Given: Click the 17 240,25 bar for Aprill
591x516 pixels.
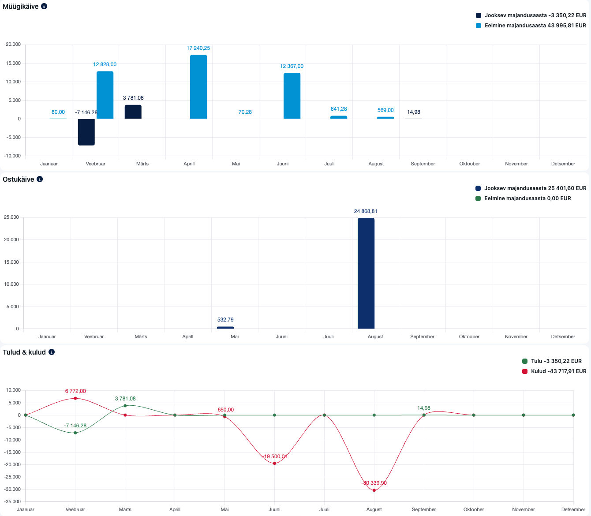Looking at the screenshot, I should pyautogui.click(x=198, y=87).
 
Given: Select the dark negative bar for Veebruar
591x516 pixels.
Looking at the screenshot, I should pyautogui.click(x=86, y=132).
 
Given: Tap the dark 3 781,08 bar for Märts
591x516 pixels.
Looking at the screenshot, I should pyautogui.click(x=133, y=112).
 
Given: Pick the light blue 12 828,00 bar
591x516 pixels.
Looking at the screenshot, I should pyautogui.click(x=105, y=95).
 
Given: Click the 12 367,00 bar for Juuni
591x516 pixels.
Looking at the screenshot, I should pyautogui.click(x=292, y=96).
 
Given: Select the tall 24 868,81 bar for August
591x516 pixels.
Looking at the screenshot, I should pyautogui.click(x=366, y=273).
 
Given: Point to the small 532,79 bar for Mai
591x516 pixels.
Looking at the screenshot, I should pyautogui.click(x=225, y=328).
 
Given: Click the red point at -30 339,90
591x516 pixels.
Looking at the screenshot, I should pyautogui.click(x=374, y=490).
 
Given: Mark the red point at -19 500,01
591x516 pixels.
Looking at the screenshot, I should pyautogui.click(x=274, y=464).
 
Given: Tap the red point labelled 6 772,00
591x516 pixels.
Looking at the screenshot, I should pyautogui.click(x=75, y=398).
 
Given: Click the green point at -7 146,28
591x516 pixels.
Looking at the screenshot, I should pyautogui.click(x=75, y=433).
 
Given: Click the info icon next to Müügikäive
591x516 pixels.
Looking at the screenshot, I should pyautogui.click(x=44, y=7).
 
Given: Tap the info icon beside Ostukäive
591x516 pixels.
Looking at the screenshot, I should pyautogui.click(x=40, y=179).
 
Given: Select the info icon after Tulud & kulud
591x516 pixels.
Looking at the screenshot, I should pyautogui.click(x=52, y=352).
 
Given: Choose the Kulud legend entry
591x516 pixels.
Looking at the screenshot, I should pyautogui.click(x=554, y=371).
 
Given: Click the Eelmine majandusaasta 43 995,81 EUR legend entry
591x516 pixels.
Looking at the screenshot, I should pyautogui.click(x=531, y=26).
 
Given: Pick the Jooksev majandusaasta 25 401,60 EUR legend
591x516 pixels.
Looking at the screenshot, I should pyautogui.click(x=531, y=188).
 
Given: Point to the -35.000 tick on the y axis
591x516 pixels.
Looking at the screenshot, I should pyautogui.click(x=13, y=502).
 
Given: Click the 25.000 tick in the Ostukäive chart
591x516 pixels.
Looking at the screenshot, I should pyautogui.click(x=11, y=217).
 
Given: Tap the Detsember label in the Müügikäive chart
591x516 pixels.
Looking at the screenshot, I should pyautogui.click(x=563, y=164).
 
